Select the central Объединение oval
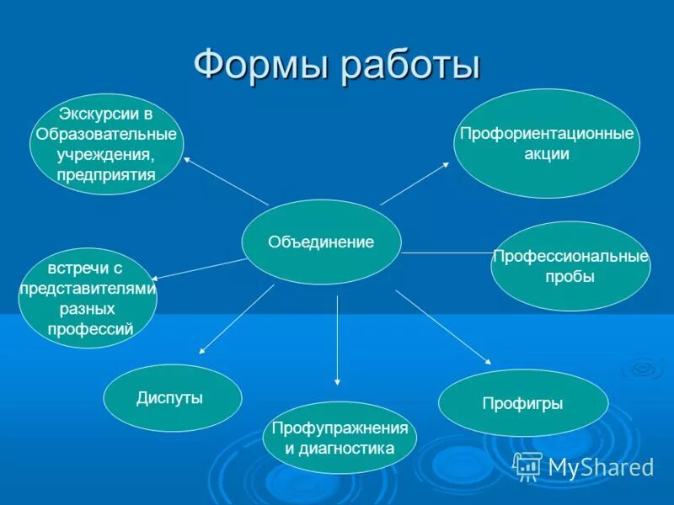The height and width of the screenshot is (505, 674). [x=321, y=242]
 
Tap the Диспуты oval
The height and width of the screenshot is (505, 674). [x=172, y=398]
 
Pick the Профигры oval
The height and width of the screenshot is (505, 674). [x=522, y=403]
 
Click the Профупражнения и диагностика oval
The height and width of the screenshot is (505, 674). [x=340, y=438]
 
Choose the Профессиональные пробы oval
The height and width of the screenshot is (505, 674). [x=570, y=266]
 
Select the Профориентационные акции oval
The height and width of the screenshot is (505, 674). [x=546, y=144]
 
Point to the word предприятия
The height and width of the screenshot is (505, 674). [x=106, y=175]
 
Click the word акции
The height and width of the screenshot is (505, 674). [x=546, y=154]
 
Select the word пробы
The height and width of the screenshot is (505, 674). [x=570, y=277]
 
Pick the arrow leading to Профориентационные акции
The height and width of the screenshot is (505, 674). [x=415, y=183]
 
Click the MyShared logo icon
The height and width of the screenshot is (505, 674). [x=527, y=465]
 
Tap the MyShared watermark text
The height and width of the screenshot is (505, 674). [x=601, y=467]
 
